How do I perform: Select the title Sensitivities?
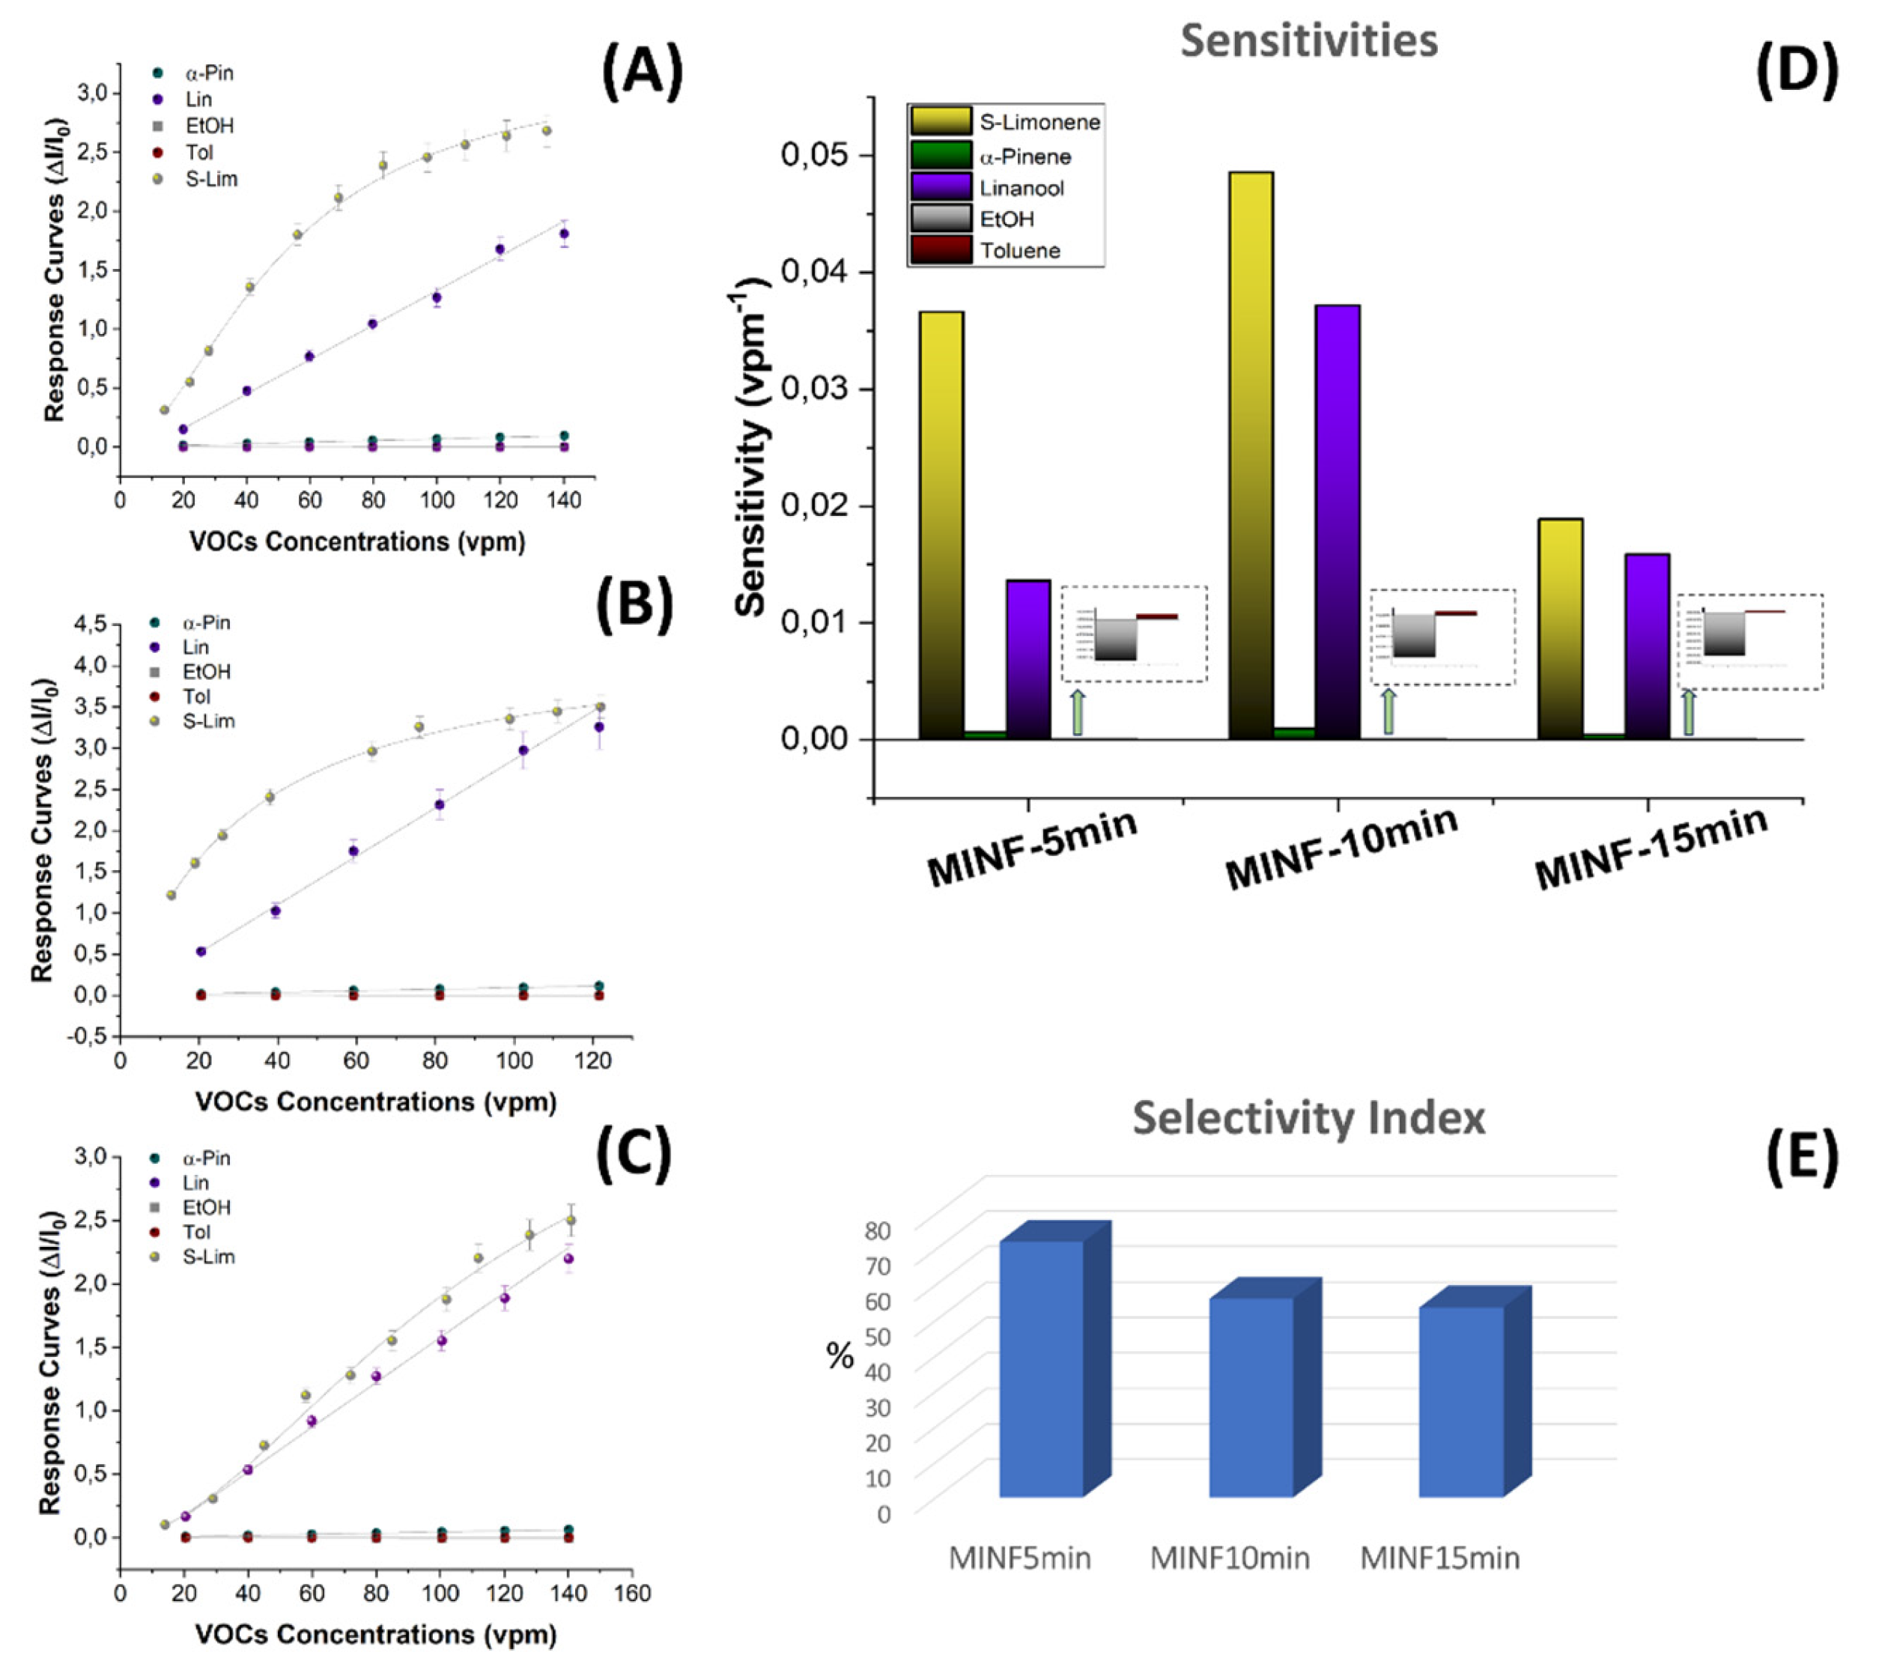[1308, 41]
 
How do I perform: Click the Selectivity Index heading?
[1308, 1118]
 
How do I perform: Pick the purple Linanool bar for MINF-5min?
[1027, 660]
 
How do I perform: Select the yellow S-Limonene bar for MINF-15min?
[1560, 629]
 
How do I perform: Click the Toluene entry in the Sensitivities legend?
[1019, 251]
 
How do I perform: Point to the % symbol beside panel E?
[840, 1356]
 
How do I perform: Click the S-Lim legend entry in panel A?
[210, 179]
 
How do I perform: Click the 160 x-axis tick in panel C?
[632, 1593]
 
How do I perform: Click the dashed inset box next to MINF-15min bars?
[1749, 641]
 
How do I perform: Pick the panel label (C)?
[634, 1154]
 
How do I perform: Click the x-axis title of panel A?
[357, 541]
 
